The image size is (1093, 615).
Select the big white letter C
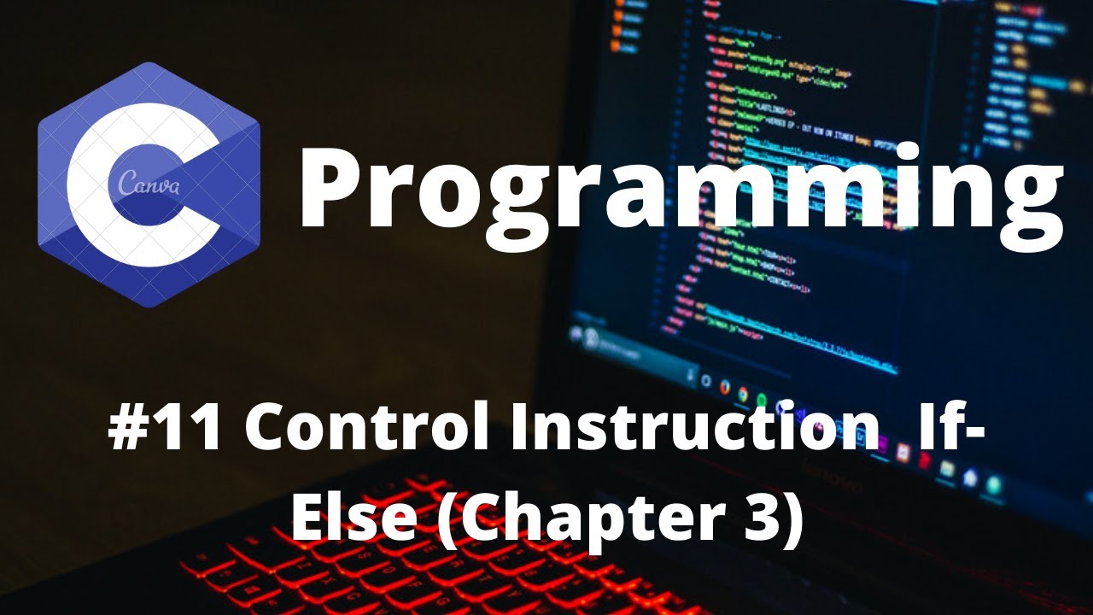[102, 184]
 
